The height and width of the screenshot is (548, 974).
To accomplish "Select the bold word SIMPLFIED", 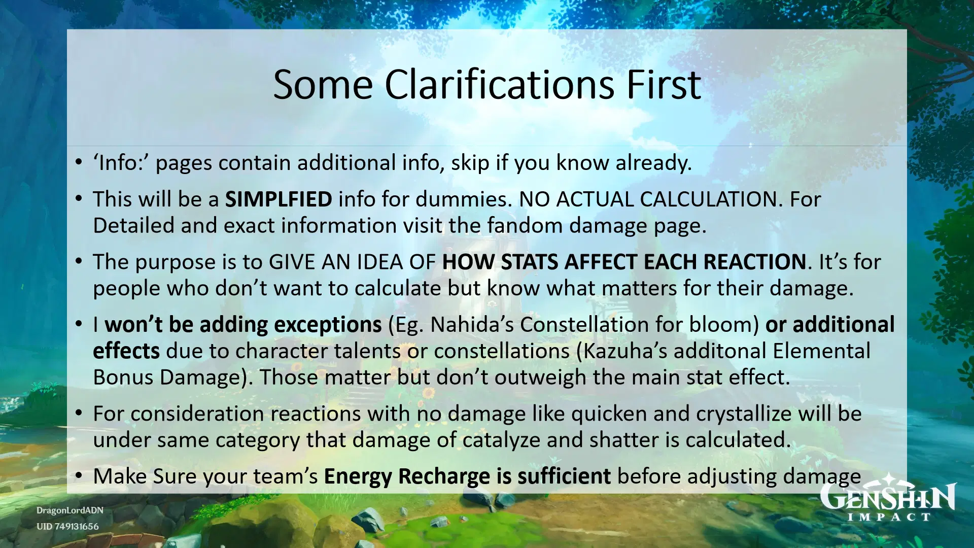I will tap(279, 199).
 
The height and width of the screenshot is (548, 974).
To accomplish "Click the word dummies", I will tap(462, 199).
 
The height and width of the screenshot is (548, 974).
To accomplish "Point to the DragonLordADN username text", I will tap(69, 510).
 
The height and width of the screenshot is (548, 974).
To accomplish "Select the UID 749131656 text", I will tap(67, 527).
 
